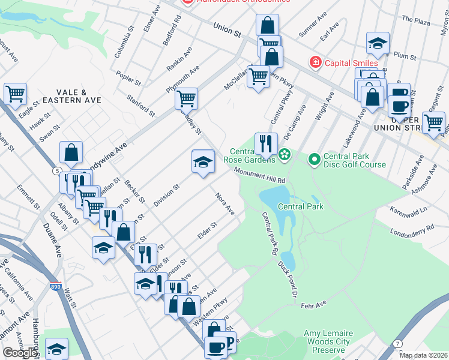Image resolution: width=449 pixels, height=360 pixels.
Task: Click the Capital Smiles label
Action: click(351, 63)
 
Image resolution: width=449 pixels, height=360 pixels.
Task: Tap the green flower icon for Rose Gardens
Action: click(285, 155)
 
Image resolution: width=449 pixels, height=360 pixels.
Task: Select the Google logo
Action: click(19, 353)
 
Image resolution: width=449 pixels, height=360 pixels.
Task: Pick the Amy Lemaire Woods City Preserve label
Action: click(327, 341)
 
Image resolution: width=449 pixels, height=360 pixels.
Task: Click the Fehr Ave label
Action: click(312, 306)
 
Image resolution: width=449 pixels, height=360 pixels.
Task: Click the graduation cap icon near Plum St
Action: click(378, 43)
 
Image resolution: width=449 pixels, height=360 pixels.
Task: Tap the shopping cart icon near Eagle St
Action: click(15, 94)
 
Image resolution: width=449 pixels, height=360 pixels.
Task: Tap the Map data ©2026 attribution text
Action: click(424, 355)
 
